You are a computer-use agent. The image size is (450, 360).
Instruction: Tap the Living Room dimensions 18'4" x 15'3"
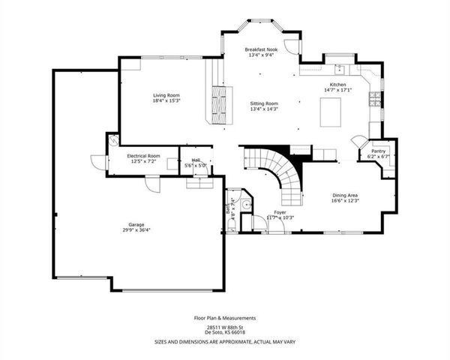(x=166, y=100)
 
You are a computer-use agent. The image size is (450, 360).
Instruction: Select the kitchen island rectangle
(x=331, y=113)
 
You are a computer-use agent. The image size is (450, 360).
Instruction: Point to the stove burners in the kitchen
(x=374, y=99)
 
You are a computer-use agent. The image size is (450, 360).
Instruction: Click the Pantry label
(x=373, y=151)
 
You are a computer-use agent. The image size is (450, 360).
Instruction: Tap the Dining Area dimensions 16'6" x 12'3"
(x=346, y=200)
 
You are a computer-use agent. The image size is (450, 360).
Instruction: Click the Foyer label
(x=280, y=212)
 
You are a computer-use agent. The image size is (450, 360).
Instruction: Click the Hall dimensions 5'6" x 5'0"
(x=196, y=165)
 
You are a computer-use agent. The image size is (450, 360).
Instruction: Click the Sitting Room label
(x=265, y=103)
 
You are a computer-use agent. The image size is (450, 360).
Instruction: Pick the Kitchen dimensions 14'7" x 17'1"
(x=335, y=91)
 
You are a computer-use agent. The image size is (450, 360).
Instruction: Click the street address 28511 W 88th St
(x=225, y=328)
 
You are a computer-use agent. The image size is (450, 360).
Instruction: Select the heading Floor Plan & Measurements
(x=225, y=318)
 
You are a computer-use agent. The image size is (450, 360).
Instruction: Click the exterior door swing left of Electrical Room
(x=96, y=160)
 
